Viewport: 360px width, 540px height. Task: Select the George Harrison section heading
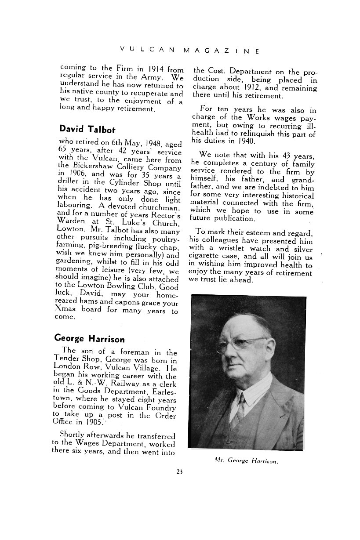[89, 339]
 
